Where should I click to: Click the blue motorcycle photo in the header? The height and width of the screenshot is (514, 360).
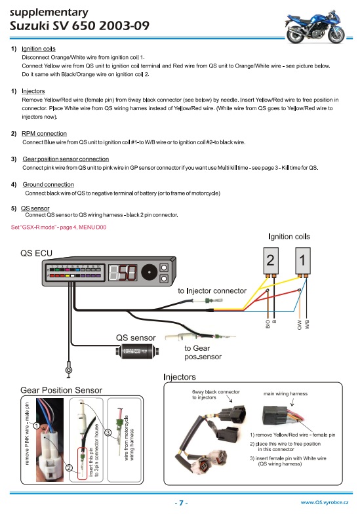tap(315, 27)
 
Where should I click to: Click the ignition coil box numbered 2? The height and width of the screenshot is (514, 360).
tap(271, 261)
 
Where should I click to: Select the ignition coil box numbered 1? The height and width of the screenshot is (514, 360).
tap(303, 261)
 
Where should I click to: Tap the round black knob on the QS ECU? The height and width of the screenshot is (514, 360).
tap(150, 272)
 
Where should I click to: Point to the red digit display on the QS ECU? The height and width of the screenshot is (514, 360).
tap(123, 272)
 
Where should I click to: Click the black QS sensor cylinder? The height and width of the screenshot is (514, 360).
tap(136, 351)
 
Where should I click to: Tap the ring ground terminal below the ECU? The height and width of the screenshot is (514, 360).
tap(68, 370)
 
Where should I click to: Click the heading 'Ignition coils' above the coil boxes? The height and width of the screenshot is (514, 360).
tap(289, 237)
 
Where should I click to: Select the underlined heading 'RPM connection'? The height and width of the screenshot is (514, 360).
tap(45, 134)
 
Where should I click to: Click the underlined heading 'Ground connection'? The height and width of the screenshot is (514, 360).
tap(49, 185)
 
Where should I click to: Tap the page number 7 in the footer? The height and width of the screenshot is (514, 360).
tap(181, 503)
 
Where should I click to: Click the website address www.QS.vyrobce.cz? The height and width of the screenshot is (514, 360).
tap(325, 502)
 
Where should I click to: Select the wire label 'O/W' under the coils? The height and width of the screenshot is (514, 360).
tap(299, 324)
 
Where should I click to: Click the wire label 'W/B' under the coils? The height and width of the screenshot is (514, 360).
tap(307, 324)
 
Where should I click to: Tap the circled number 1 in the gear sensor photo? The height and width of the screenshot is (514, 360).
tap(37, 426)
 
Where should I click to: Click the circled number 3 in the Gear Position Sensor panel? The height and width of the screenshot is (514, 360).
tap(108, 433)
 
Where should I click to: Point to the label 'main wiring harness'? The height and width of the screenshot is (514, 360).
tap(286, 393)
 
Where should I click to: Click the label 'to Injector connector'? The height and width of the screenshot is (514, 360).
tap(212, 291)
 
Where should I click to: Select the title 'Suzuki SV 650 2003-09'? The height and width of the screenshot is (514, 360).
tap(80, 26)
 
